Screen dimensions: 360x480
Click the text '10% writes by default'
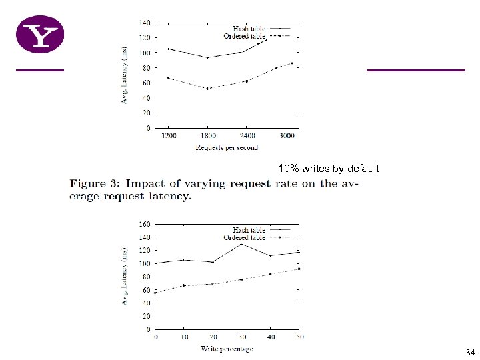point(329,169)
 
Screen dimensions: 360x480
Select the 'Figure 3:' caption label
point(95,183)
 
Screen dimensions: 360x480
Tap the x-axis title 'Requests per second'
point(227,147)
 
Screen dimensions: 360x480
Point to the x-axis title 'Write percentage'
point(227,349)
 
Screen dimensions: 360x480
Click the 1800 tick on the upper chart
point(208,136)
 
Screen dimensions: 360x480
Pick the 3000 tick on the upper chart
point(287,136)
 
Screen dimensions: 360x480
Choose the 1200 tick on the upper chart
point(168,136)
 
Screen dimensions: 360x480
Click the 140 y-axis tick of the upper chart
point(144,23)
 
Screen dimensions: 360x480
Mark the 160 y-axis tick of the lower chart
point(144,224)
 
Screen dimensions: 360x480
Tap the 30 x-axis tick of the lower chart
point(241,337)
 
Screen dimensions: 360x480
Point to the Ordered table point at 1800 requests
point(208,89)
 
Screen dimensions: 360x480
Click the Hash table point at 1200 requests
point(168,49)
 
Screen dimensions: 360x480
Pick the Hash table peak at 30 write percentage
point(241,244)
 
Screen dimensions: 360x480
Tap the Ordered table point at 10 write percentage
point(183,285)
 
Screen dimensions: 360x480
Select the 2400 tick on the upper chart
point(247,136)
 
